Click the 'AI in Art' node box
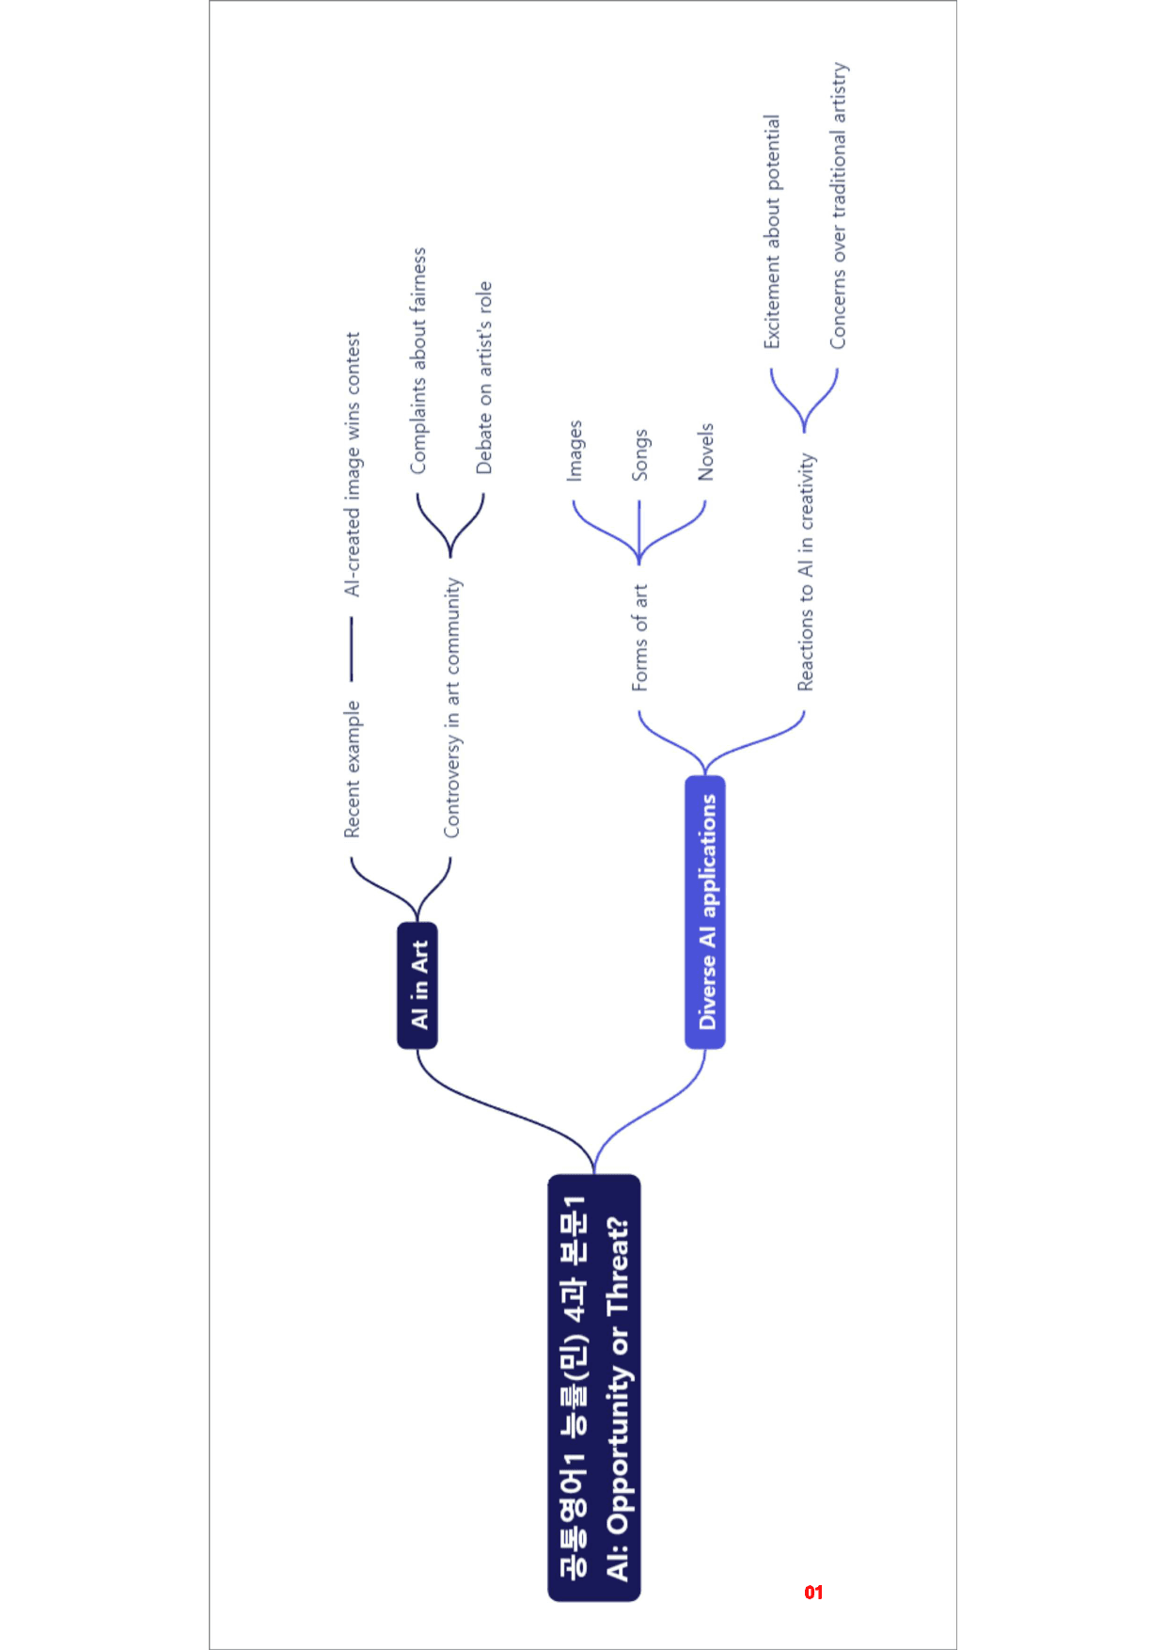point(418,985)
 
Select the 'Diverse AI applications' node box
point(705,912)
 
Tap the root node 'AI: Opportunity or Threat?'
point(594,1388)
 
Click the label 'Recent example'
point(352,769)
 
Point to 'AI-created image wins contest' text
point(352,464)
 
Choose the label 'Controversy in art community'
point(452,707)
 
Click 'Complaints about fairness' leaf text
point(418,360)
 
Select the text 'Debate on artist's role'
point(483,377)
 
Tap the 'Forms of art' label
point(639,638)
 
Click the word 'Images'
point(575,451)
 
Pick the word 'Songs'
point(639,455)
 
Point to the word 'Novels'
point(705,452)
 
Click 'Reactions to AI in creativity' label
point(806,572)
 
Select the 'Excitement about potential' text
point(771,231)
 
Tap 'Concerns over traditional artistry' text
point(838,206)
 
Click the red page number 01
point(813,1592)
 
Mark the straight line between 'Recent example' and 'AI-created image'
point(352,649)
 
